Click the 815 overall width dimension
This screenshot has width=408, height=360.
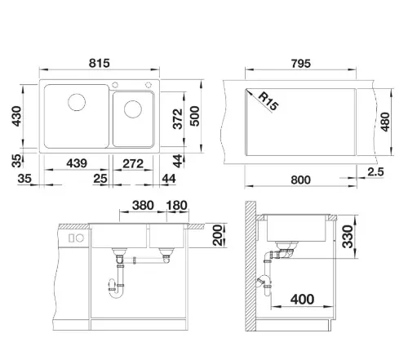tap(100, 63)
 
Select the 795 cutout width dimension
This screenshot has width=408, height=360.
tap(301, 64)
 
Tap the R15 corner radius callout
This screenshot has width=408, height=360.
tap(268, 101)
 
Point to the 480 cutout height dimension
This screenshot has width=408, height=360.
tap(385, 122)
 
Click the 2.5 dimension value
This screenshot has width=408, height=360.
tap(375, 171)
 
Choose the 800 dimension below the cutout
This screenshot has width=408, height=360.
tap(300, 180)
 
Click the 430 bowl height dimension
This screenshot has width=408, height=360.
tap(16, 116)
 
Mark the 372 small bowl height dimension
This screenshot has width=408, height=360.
tap(178, 119)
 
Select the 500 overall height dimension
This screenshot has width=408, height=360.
tap(194, 116)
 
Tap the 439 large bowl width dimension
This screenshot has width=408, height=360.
tap(77, 163)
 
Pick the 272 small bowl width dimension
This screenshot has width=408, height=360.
tap(133, 163)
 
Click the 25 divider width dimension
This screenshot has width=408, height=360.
tap(100, 179)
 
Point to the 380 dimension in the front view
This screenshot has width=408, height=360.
tap(143, 206)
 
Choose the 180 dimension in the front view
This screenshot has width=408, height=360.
tap(177, 206)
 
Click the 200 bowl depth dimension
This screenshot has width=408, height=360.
tap(217, 235)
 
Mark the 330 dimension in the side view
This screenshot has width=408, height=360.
tap(348, 237)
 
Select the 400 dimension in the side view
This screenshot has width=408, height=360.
tap(302, 300)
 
